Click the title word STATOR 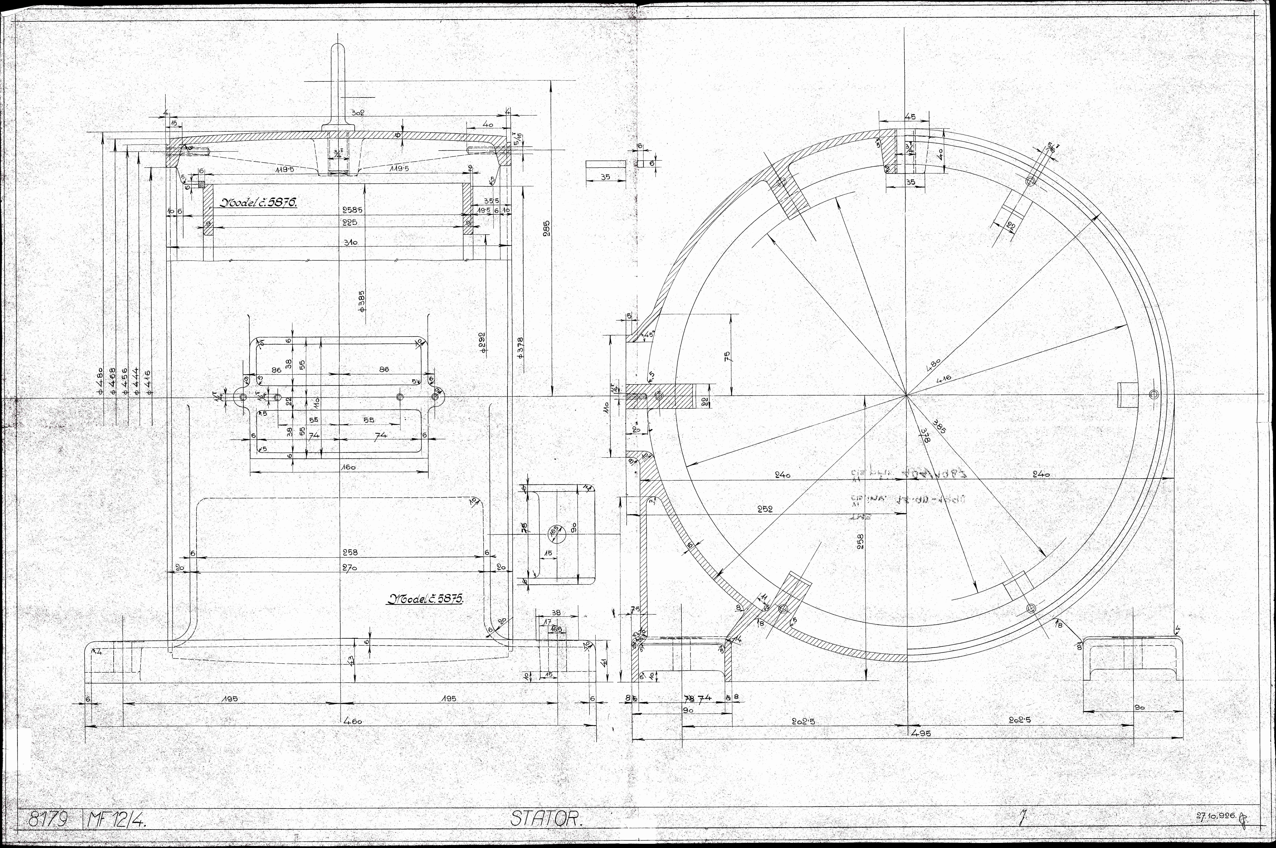(x=546, y=819)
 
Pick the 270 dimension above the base (x=349, y=568)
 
